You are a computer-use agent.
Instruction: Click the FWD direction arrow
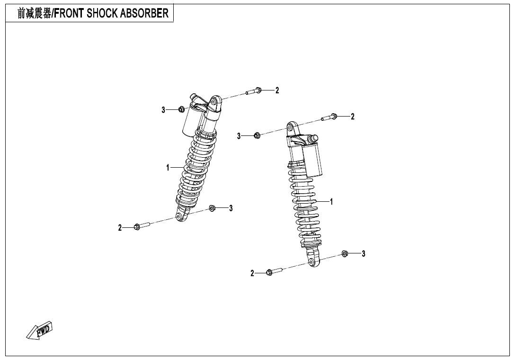click(x=39, y=330)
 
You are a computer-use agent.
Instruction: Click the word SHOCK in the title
click(x=98, y=13)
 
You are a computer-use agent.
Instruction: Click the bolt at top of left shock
click(x=254, y=91)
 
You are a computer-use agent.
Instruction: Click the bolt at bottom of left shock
click(x=142, y=226)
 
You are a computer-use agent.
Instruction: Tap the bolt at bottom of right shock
click(x=275, y=272)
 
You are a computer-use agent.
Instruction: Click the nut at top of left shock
click(x=181, y=109)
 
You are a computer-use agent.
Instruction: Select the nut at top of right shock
click(x=257, y=135)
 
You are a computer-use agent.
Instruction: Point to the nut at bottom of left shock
click(x=212, y=208)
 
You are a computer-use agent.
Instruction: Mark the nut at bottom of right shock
click(x=345, y=253)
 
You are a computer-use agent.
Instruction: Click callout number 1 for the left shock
click(x=168, y=168)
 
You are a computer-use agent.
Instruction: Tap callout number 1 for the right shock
click(x=331, y=202)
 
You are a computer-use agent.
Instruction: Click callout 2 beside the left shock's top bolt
click(x=277, y=90)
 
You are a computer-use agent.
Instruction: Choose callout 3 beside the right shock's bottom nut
click(x=363, y=253)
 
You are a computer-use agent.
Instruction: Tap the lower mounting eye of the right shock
click(x=312, y=262)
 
